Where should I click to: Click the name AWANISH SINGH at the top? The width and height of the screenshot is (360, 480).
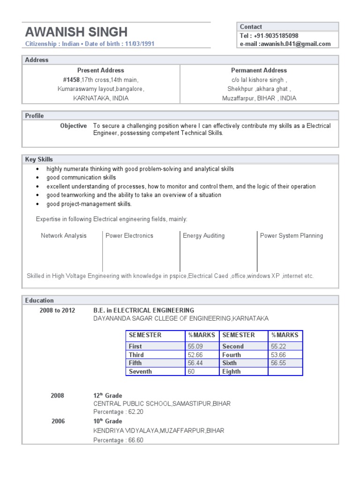pyautogui.click(x=76, y=32)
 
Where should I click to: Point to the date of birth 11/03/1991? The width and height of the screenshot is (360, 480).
pyautogui.click(x=139, y=44)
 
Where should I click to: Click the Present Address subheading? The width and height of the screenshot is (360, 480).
pyautogui.click(x=101, y=70)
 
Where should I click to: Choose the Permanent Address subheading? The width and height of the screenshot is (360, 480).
pyautogui.click(x=259, y=70)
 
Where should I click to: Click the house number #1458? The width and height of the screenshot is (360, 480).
pyautogui.click(x=71, y=80)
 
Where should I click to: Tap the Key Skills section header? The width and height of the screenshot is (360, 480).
pyautogui.click(x=39, y=159)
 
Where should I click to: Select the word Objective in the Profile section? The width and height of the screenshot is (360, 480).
pyautogui.click(x=74, y=126)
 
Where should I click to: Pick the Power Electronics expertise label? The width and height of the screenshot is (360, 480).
pyautogui.click(x=129, y=236)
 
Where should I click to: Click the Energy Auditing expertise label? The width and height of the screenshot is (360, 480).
pyautogui.click(x=203, y=236)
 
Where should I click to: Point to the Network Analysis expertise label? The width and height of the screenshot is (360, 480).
pyautogui.click(x=64, y=236)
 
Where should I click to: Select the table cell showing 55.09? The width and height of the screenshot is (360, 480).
pyautogui.click(x=195, y=346)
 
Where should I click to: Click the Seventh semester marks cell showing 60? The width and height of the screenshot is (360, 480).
pyautogui.click(x=191, y=372)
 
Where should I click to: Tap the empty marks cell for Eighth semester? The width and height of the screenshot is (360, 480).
pyautogui.click(x=285, y=372)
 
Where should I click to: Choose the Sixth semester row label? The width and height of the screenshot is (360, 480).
pyautogui.click(x=230, y=363)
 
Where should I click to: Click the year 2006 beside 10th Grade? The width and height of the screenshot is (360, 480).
pyautogui.click(x=58, y=421)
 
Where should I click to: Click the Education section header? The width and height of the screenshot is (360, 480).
pyautogui.click(x=39, y=300)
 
